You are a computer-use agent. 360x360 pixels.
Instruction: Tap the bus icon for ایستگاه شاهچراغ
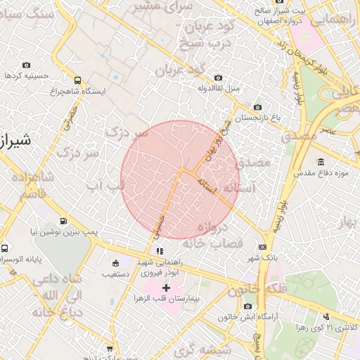77,80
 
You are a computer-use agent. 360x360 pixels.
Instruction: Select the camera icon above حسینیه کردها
27,65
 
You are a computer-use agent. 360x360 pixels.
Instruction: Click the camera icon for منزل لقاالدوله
218,77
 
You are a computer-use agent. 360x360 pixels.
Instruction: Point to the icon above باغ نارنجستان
257,107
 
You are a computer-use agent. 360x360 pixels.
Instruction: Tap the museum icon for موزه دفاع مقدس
321,162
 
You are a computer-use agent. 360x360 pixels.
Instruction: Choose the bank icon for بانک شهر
263,247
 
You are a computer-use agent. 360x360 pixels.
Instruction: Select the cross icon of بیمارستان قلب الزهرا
166,288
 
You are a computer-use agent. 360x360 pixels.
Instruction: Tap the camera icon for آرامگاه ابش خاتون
247,306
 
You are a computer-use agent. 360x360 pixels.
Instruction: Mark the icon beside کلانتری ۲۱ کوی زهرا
326,317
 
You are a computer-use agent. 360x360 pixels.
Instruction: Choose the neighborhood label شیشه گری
193,349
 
